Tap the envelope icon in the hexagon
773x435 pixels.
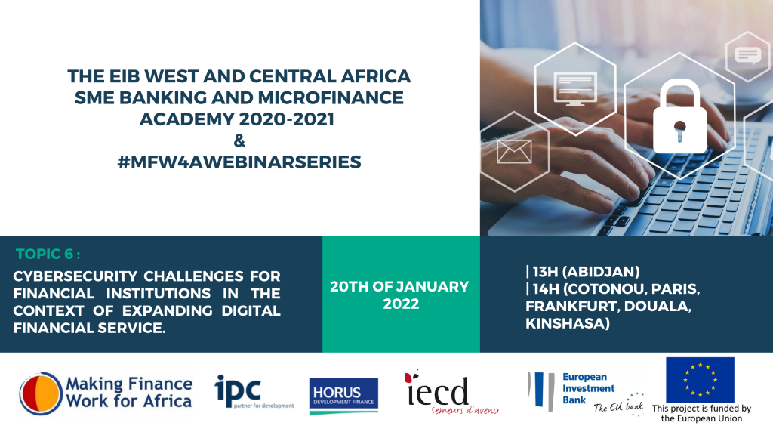(x=514, y=151)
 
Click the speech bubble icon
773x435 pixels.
(x=748, y=55)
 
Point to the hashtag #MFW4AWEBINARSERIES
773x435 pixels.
(x=239, y=162)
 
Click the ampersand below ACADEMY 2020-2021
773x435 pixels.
(x=239, y=140)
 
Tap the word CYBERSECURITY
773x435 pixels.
(x=75, y=276)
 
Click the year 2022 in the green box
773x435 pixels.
(x=401, y=304)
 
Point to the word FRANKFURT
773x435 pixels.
(x=571, y=307)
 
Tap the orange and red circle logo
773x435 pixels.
(x=41, y=393)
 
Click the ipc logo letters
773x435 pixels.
(x=238, y=389)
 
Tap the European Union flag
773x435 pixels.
(x=700, y=380)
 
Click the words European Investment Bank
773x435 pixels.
(x=589, y=388)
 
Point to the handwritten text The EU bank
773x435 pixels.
(x=618, y=406)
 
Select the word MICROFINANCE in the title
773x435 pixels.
(x=331, y=97)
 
